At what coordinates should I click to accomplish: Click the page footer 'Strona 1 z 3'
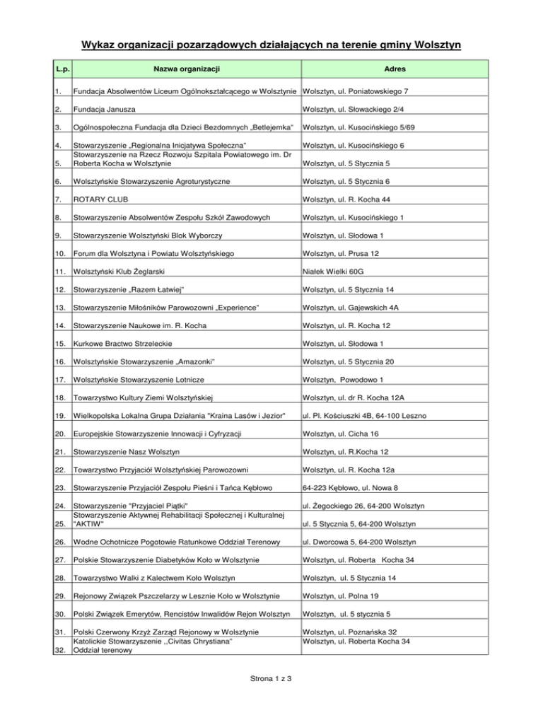pyautogui.click(x=271, y=680)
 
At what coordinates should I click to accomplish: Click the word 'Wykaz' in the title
pyautogui.click(x=97, y=46)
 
